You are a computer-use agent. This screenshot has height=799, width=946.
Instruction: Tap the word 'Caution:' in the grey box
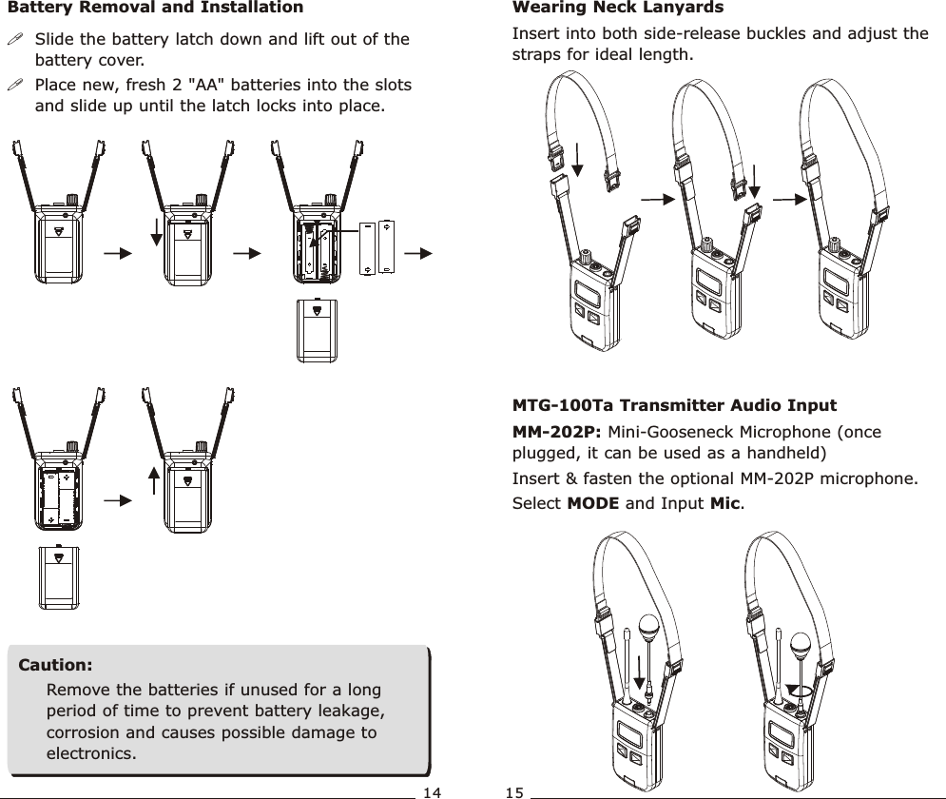(56, 663)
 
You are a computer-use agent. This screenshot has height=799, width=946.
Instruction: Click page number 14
(433, 791)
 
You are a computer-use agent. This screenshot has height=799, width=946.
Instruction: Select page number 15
(514, 791)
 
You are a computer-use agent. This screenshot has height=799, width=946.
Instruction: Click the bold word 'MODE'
(591, 502)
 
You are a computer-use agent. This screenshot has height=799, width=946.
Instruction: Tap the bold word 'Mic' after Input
(724, 502)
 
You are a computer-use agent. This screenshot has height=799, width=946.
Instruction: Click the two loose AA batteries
(376, 247)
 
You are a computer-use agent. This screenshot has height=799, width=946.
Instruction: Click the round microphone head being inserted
(649, 629)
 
